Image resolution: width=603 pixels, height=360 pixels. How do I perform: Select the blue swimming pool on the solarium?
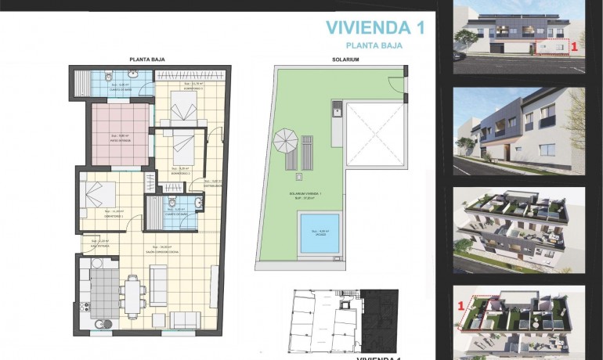[x=319, y=232]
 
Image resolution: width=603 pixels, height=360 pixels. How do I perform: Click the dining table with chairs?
[x=133, y=295]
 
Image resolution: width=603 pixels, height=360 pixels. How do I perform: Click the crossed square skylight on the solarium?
[x=374, y=134]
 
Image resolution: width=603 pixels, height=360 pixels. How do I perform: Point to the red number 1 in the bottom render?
[x=461, y=303]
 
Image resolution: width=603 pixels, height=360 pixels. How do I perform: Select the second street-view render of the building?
[x=519, y=131]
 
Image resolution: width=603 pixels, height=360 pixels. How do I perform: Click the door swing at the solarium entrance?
[x=400, y=80]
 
